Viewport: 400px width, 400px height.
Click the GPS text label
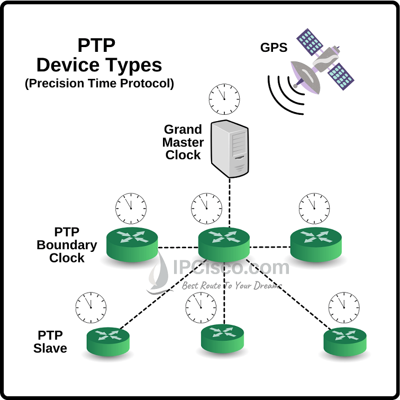point(274,48)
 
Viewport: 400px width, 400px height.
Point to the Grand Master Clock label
point(183,142)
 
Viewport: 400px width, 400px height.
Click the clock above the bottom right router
point(344,306)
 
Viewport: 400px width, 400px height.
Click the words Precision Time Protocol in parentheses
point(99,84)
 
